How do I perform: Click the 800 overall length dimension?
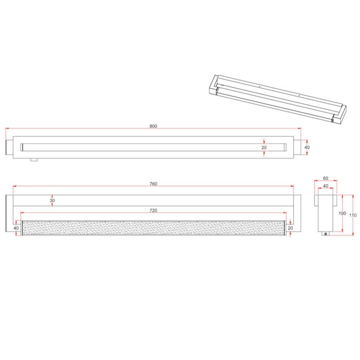click(x=153, y=126)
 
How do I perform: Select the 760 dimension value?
click(x=153, y=184)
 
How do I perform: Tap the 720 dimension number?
click(x=153, y=211)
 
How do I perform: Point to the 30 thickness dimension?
click(x=53, y=201)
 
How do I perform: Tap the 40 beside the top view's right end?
click(x=306, y=147)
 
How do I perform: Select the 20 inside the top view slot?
click(x=264, y=147)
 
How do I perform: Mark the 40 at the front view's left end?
click(x=16, y=228)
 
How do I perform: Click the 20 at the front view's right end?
click(x=290, y=228)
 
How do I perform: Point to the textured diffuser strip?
click(x=153, y=228)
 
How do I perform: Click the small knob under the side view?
click(x=325, y=234)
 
